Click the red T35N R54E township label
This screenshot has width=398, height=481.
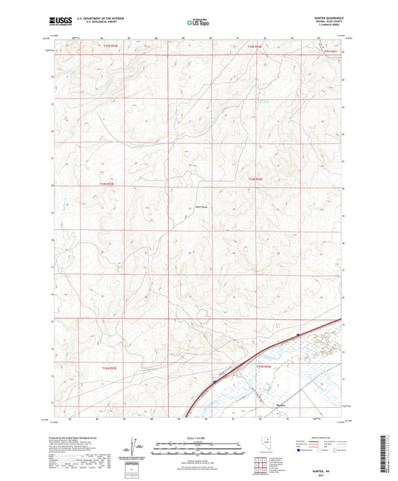(255, 46)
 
